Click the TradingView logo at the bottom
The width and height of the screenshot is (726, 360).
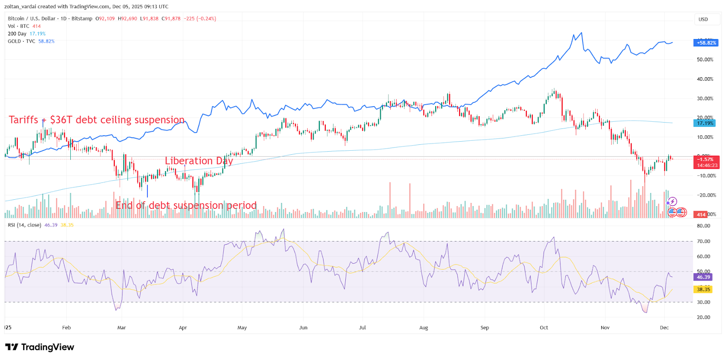(x=39, y=347)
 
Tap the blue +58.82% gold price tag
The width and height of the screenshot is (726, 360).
(x=706, y=43)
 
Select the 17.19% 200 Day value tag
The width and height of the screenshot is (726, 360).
(x=705, y=123)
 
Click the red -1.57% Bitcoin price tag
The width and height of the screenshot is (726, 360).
(x=706, y=159)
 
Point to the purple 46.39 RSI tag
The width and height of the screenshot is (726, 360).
(x=703, y=277)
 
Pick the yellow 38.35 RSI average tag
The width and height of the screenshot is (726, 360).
(x=703, y=289)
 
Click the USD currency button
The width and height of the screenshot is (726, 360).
(x=703, y=20)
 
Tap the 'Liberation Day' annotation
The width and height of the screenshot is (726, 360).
(x=199, y=161)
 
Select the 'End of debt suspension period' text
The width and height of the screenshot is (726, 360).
(x=186, y=206)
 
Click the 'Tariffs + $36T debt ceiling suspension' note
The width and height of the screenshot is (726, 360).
(x=97, y=120)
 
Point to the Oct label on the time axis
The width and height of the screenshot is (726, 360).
(x=544, y=328)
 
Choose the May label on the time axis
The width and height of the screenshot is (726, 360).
(x=242, y=328)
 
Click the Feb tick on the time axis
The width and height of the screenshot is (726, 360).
(x=66, y=328)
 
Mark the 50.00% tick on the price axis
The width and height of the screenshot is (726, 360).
(x=705, y=59)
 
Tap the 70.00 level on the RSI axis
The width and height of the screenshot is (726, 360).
(x=703, y=241)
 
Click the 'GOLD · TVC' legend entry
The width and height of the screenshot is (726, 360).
(x=21, y=41)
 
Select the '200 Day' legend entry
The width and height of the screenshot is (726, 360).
(x=17, y=34)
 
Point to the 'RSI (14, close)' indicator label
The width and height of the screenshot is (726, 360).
(x=25, y=225)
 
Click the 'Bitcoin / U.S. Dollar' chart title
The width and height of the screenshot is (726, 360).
(x=31, y=19)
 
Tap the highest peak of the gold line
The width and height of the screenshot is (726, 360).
(x=581, y=33)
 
